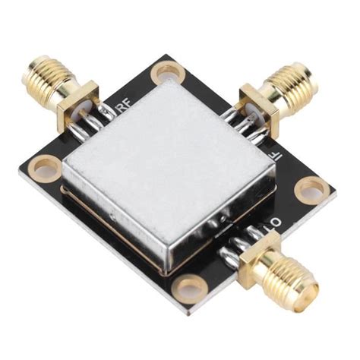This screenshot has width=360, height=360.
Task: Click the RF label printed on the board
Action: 122,108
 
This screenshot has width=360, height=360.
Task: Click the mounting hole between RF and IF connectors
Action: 169,74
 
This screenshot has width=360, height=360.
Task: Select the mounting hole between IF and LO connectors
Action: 313,188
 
